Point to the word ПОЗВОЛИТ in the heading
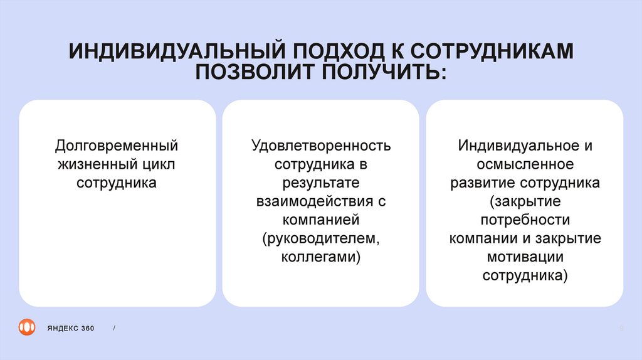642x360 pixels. (254, 72)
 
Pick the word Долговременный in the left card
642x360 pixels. (117, 146)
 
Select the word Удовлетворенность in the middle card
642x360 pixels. (320, 146)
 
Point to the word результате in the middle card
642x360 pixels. (320, 183)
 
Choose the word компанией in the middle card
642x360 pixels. (320, 220)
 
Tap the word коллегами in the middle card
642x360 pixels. (319, 258)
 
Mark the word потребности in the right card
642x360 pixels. (525, 220)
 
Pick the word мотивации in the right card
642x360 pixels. (525, 258)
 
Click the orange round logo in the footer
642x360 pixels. (27, 327)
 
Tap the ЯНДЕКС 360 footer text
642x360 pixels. (70, 328)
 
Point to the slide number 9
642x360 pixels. (621, 328)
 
